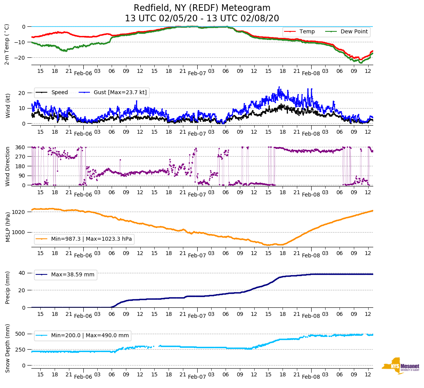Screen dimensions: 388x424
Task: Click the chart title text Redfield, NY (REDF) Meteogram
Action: tap(202, 8)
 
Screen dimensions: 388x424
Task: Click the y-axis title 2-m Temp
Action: tap(7, 44)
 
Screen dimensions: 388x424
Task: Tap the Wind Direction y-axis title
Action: tap(8, 166)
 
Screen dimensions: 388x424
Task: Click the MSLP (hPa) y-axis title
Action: tap(8, 227)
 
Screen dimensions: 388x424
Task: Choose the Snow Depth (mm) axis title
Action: tap(8, 348)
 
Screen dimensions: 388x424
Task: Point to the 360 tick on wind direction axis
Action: tap(21, 147)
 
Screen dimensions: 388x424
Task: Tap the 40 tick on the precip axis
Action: tap(22, 273)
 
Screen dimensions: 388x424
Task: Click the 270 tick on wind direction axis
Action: tap(21, 157)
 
